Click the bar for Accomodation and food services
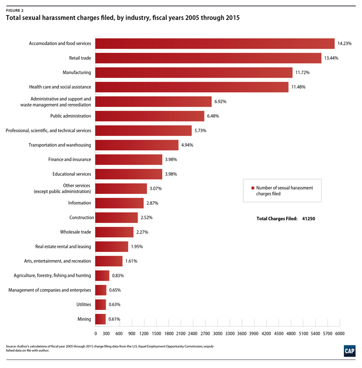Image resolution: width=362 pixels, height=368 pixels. click(215, 43)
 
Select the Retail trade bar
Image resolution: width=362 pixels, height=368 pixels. click(208, 58)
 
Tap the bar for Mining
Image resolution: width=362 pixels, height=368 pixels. click(101, 319)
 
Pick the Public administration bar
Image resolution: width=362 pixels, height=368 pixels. click(150, 116)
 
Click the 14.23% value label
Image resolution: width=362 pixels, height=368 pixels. click(344, 43)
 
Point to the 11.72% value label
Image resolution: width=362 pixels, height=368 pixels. click(303, 73)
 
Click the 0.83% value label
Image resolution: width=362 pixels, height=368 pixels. click(118, 275)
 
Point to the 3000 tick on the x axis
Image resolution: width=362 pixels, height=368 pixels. click(218, 334)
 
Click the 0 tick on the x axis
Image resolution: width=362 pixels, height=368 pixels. click(96, 334)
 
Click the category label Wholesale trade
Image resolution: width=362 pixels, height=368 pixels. click(76, 232)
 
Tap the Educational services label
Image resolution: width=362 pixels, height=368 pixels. click(72, 174)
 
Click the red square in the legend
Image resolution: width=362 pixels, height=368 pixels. click(253, 188)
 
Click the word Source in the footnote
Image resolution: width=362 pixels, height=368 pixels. click(11, 347)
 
